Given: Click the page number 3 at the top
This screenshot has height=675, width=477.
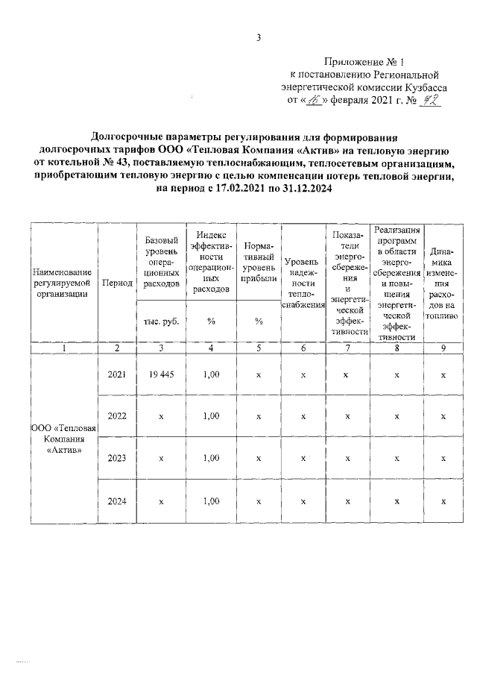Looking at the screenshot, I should click(x=257, y=39).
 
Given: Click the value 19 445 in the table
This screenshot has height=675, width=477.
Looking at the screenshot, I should click(x=161, y=375).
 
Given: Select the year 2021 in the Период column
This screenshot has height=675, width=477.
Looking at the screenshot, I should click(x=118, y=375).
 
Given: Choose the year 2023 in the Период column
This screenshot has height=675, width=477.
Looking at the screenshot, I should click(x=118, y=458).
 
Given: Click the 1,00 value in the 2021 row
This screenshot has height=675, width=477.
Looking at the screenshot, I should click(x=211, y=375).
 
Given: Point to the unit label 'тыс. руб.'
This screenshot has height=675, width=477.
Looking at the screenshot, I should click(x=161, y=321).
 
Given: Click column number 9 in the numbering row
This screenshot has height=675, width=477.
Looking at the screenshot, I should click(x=443, y=348).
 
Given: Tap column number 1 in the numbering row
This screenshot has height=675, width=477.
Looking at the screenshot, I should click(x=65, y=348).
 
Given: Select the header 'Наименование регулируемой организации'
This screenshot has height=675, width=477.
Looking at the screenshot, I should click(x=65, y=283).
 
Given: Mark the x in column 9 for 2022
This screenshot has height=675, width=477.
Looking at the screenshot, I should click(x=443, y=417).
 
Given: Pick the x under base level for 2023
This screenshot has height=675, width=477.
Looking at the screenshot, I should click(x=161, y=458).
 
